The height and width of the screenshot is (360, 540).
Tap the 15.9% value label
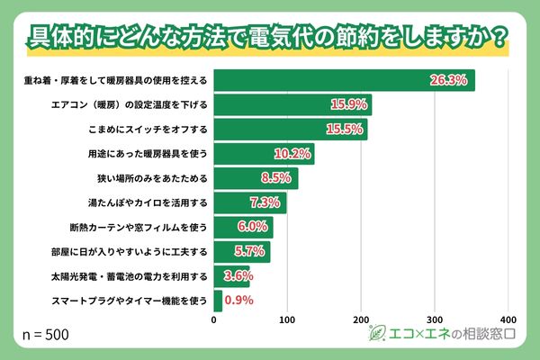click(x=348, y=104)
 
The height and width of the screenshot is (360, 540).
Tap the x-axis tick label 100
click(x=287, y=319)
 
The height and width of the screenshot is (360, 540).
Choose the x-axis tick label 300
click(x=435, y=319)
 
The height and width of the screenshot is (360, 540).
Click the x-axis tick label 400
click(x=508, y=319)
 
